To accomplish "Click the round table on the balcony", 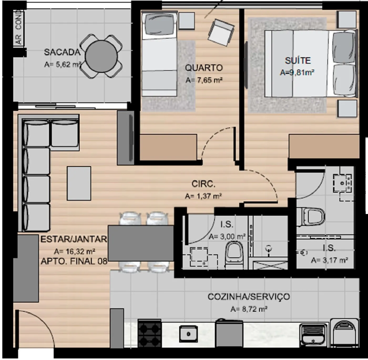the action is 101,56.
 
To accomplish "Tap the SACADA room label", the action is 62,52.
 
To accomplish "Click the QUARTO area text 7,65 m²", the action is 204,80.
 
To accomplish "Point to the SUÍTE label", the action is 298,61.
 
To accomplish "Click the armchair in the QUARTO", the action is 221,32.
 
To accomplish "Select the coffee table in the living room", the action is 79,183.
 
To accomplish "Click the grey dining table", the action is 141,243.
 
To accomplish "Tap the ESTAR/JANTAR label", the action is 74,239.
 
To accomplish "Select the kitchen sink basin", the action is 188,334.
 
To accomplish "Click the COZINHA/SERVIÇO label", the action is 249,296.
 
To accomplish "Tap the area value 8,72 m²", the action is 249,309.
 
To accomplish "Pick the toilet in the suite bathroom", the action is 310,217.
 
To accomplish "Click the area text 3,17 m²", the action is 330,261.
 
